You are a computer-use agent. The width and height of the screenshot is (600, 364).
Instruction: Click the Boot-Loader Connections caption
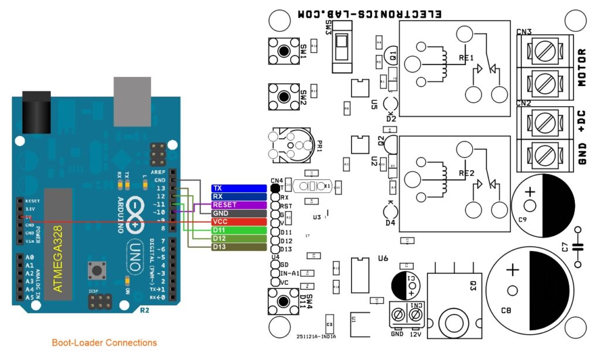point(104,343)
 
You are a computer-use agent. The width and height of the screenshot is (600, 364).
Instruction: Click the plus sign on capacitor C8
point(513,270)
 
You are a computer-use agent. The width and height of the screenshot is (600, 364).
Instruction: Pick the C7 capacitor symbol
point(579,247)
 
